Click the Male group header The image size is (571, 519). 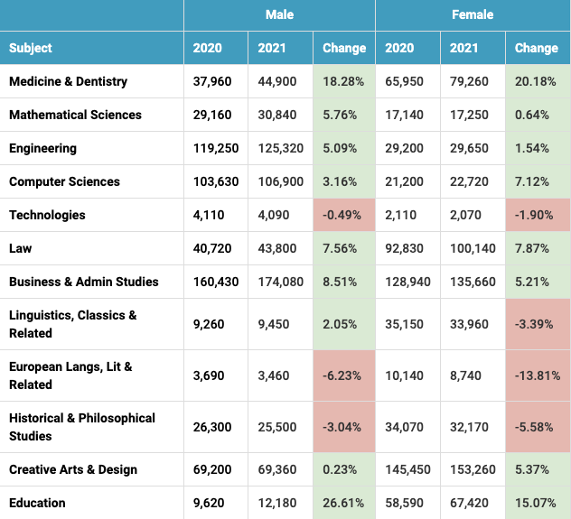pyautogui.click(x=279, y=14)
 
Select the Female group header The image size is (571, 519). pyautogui.click(x=473, y=14)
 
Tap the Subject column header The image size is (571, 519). pyautogui.click(x=31, y=48)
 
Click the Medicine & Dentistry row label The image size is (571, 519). pyautogui.click(x=68, y=81)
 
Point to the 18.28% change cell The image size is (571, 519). pyautogui.click(x=343, y=81)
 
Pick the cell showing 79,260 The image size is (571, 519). pyautogui.click(x=469, y=81)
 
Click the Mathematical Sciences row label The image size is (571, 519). pyautogui.click(x=75, y=115)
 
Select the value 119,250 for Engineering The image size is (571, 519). pyautogui.click(x=216, y=148)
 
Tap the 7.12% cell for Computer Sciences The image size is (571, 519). pyautogui.click(x=531, y=181)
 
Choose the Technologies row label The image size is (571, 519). pyautogui.click(x=47, y=215)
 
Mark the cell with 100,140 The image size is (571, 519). pyautogui.click(x=473, y=248)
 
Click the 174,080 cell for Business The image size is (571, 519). pyautogui.click(x=280, y=282)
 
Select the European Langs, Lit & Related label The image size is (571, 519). pyautogui.click(x=70, y=375)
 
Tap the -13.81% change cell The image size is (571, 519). pyautogui.click(x=538, y=375)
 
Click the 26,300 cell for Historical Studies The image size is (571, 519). pyautogui.click(x=212, y=427)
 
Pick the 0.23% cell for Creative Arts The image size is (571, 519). pyautogui.click(x=340, y=469)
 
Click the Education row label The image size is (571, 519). pyautogui.click(x=37, y=503)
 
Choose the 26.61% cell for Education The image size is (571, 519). pyautogui.click(x=343, y=503)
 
